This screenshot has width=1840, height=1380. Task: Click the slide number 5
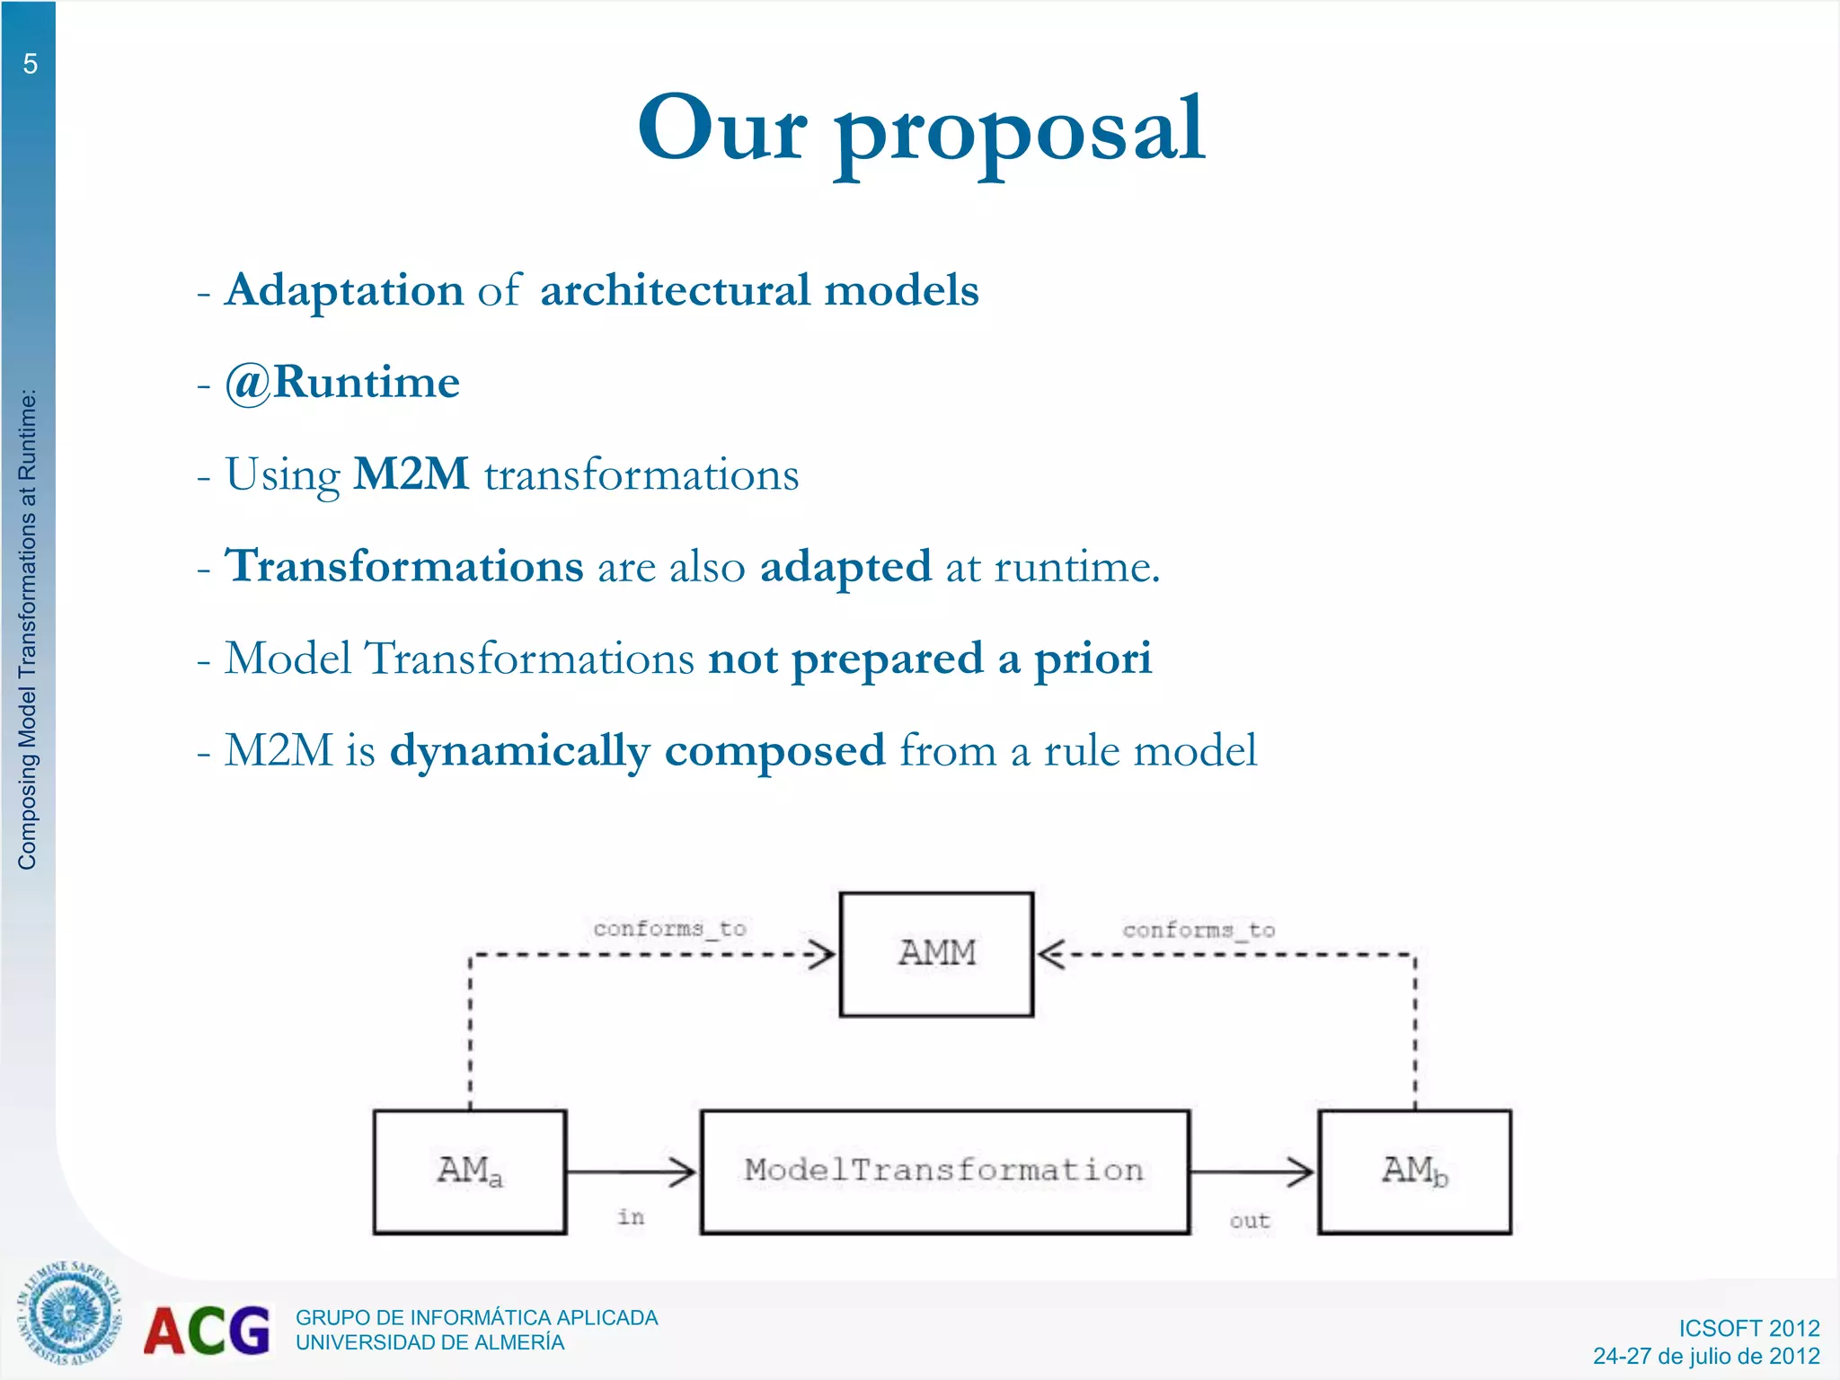pyautogui.click(x=30, y=65)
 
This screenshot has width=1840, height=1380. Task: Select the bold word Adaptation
pyautogui.click(x=344, y=290)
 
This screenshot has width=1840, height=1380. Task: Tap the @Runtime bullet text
pyautogui.click(x=342, y=383)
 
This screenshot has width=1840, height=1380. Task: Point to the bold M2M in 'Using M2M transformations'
pyautogui.click(x=411, y=474)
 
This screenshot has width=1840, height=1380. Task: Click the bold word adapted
pyautogui.click(x=845, y=567)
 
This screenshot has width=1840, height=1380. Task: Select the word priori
pyautogui.click(x=1092, y=659)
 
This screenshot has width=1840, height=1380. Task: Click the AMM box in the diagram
pyautogui.click(x=936, y=953)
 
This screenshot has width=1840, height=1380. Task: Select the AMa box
pyautogui.click(x=470, y=1172)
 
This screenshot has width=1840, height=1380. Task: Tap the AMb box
pyautogui.click(x=1414, y=1172)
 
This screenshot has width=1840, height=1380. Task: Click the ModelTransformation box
pyautogui.click(x=944, y=1172)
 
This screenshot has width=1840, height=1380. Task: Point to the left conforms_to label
pyautogui.click(x=669, y=928)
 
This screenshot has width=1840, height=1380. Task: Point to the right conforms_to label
pyautogui.click(x=1199, y=930)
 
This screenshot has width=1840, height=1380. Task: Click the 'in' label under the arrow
pyautogui.click(x=631, y=1216)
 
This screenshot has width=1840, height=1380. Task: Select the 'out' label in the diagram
pyautogui.click(x=1250, y=1220)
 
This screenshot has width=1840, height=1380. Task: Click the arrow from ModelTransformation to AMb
pyautogui.click(x=1252, y=1172)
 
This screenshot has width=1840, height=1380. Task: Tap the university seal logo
pyautogui.click(x=68, y=1314)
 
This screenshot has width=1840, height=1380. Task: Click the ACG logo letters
pyautogui.click(x=207, y=1331)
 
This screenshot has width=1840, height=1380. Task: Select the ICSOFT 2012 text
pyautogui.click(x=1748, y=1328)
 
